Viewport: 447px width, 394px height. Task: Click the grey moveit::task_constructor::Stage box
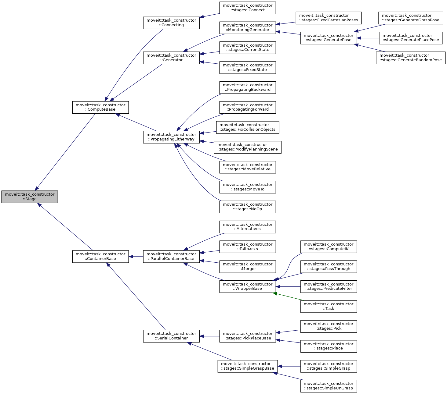pos(30,197)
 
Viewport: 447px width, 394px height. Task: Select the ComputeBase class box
pos(100,107)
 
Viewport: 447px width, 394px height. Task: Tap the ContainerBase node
pos(100,256)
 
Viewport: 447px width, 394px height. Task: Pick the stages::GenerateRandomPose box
pos(411,58)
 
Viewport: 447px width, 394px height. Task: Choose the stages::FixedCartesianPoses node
pos(329,18)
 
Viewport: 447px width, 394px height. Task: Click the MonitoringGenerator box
pos(248,27)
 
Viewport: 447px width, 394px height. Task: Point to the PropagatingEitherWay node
pos(171,137)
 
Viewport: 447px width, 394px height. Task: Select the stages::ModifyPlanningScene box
pos(248,147)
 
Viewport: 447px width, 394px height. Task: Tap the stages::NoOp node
pos(248,207)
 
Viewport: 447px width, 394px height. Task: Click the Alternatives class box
pos(248,227)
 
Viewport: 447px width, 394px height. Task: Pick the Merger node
pos(248,266)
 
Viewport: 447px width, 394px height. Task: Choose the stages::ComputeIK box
pos(329,247)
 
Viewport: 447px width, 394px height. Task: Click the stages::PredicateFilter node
pos(329,286)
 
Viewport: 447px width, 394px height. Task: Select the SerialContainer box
pos(171,336)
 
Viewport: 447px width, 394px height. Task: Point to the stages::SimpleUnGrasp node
pos(329,386)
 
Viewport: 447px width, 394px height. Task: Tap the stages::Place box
pos(329,346)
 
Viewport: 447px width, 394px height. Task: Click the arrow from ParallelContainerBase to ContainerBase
pos(136,257)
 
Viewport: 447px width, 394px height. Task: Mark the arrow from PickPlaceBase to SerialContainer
pos(210,336)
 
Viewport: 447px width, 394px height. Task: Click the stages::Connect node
pos(248,8)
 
